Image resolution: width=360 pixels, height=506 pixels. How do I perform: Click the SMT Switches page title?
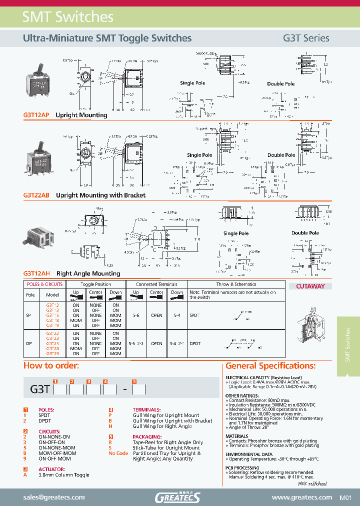(x=68, y=17)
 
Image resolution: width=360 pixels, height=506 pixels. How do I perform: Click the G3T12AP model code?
(x=36, y=115)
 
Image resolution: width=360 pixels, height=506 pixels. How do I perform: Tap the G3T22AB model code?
(x=36, y=195)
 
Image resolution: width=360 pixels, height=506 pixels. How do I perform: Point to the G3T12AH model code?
(x=36, y=273)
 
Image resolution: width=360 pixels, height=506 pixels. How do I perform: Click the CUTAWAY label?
(x=310, y=286)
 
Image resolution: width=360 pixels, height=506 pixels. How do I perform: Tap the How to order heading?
(x=51, y=365)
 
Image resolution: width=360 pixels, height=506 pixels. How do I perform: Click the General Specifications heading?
(x=270, y=365)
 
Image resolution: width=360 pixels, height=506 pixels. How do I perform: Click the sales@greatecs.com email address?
(x=54, y=497)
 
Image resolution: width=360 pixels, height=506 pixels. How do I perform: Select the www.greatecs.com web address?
(x=301, y=497)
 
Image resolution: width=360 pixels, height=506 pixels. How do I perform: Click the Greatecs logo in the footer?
(x=177, y=497)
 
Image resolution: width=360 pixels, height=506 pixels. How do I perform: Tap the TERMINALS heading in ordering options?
(x=146, y=410)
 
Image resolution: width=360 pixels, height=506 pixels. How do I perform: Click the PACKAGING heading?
(x=146, y=436)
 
